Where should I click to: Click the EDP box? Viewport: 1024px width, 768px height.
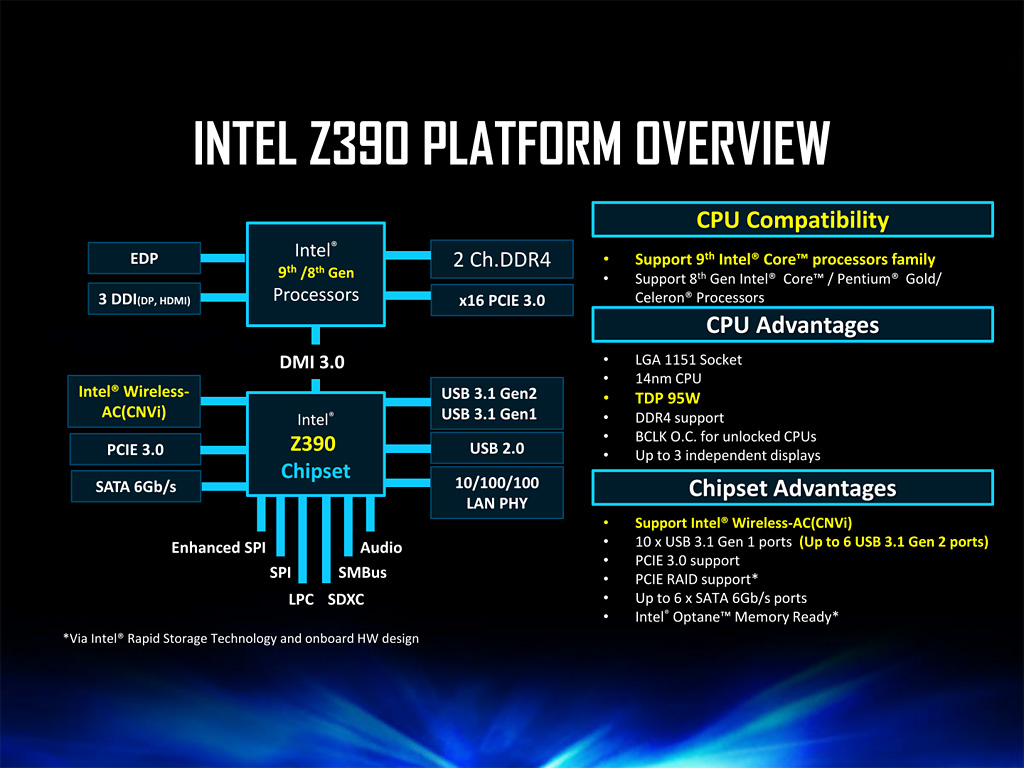[x=144, y=258]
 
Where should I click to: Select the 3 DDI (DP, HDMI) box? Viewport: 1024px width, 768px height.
[x=144, y=299]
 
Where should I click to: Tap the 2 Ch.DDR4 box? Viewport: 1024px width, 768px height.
[x=501, y=260]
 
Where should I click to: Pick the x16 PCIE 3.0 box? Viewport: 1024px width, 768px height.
[x=501, y=299]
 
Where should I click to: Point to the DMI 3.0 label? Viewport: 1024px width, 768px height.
[x=311, y=362]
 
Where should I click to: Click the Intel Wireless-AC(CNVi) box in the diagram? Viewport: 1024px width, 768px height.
[x=134, y=400]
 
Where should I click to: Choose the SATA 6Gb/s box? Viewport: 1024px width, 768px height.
[x=134, y=488]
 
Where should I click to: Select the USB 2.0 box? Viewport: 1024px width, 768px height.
[x=497, y=448]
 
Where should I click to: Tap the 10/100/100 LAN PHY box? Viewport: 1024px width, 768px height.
[x=497, y=492]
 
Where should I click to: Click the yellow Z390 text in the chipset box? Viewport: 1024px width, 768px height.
[x=314, y=443]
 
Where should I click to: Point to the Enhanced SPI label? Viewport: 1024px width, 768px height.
[x=218, y=548]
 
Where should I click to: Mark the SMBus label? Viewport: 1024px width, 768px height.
[x=362, y=573]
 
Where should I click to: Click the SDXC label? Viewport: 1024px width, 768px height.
[x=347, y=600]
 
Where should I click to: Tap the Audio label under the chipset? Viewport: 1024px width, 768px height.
[x=381, y=548]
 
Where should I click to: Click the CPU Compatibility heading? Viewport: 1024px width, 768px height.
[x=792, y=219]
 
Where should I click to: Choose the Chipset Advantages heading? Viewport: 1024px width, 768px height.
[x=792, y=488]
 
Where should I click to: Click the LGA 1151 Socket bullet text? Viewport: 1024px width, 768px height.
[x=688, y=360]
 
